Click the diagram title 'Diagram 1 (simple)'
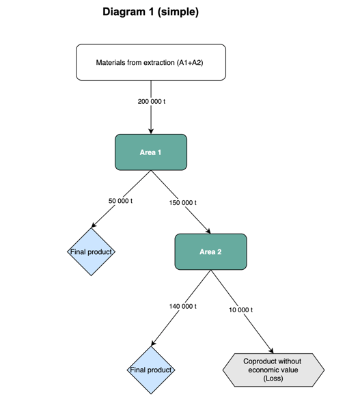click(150, 12)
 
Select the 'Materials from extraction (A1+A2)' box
click(151, 62)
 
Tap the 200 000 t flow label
click(152, 102)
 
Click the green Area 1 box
click(151, 152)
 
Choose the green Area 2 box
click(210, 251)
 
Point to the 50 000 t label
click(120, 201)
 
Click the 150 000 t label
click(182, 202)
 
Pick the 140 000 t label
click(182, 306)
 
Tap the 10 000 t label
click(240, 309)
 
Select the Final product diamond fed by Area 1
click(91, 251)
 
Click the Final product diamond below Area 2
click(151, 370)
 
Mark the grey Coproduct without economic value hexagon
click(273, 370)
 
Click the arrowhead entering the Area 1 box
click(151, 131)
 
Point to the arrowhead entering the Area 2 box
click(208, 231)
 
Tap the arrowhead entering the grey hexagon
click(271, 350)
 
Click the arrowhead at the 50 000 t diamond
click(94, 225)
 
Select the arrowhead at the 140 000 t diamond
click(153, 343)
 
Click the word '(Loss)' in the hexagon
click(273, 378)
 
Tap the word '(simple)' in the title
click(178, 12)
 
